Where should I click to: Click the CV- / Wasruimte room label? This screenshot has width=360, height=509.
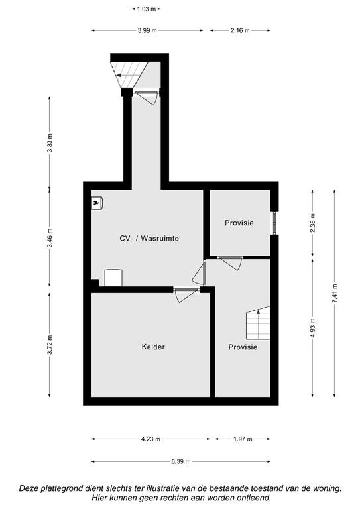tap(149, 239)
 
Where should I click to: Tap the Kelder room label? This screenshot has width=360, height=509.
tap(153, 347)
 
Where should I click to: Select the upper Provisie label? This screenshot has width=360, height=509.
tap(239, 223)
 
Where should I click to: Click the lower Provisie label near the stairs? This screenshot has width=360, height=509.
tap(243, 347)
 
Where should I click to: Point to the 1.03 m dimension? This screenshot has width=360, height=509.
tap(147, 9)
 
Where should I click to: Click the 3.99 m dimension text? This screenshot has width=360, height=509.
tap(147, 31)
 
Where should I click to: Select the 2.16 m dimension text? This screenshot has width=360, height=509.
tap(240, 31)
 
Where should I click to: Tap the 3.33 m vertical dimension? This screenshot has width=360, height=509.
tap(50, 143)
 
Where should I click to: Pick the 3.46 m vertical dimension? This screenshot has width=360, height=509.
tap(50, 238)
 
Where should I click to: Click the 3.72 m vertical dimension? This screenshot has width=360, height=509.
tap(50, 345)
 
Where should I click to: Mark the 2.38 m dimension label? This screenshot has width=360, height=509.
tap(312, 223)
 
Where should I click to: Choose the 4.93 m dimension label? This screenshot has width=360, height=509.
tap(312, 328)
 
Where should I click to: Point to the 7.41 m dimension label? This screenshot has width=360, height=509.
tap(334, 294)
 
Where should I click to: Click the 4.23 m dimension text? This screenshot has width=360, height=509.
tap(150, 439)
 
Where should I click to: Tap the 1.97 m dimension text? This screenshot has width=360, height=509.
tap(243, 439)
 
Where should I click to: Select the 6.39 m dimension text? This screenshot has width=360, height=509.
tap(181, 461)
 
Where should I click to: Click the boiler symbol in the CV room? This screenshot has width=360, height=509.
tap(97, 203)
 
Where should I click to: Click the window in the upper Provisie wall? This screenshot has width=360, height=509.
tap(274, 223)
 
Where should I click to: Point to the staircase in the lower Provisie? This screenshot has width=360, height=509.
tap(259, 323)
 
